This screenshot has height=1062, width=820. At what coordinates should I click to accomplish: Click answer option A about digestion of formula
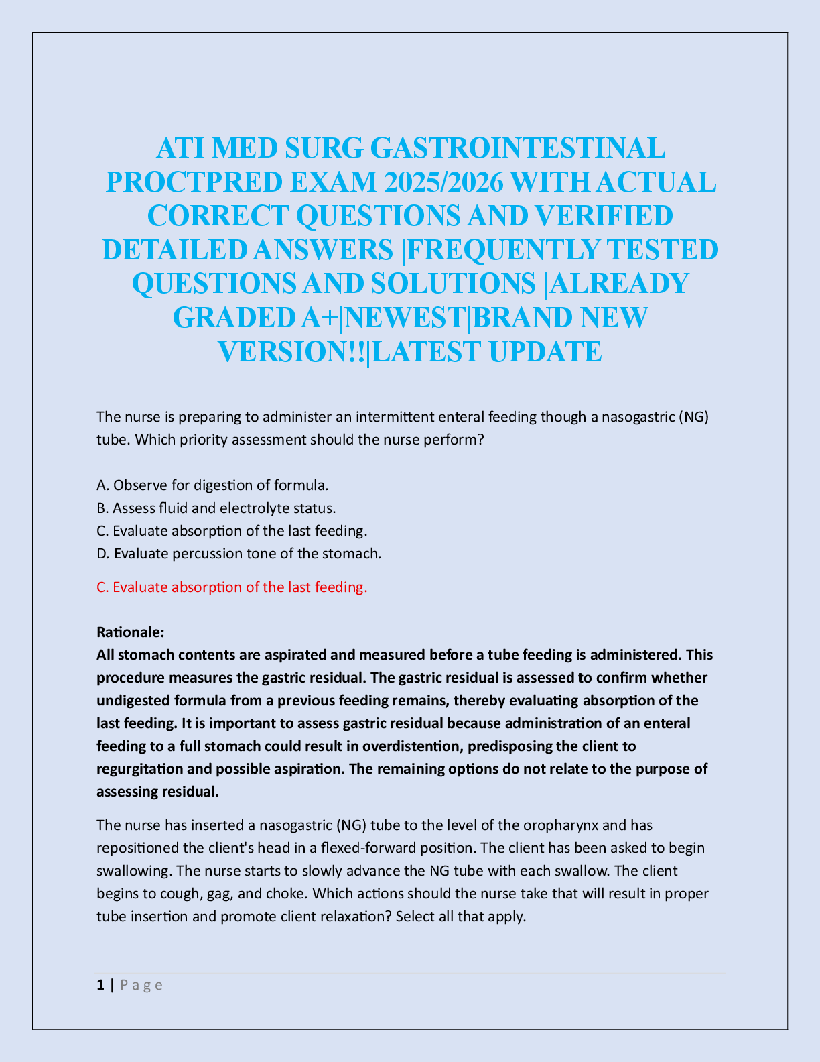[212, 485]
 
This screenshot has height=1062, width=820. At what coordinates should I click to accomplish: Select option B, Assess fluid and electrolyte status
[216, 508]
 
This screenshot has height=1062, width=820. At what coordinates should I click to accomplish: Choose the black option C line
[232, 530]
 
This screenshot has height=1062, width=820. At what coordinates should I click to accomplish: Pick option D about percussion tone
[238, 553]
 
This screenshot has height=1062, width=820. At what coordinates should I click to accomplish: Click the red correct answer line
[232, 587]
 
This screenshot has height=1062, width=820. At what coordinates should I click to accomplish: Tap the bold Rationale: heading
[130, 632]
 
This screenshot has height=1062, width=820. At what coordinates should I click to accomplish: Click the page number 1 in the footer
[100, 985]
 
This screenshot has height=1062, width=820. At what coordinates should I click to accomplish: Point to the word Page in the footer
[141, 985]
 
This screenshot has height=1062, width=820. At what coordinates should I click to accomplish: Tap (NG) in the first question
[693, 417]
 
